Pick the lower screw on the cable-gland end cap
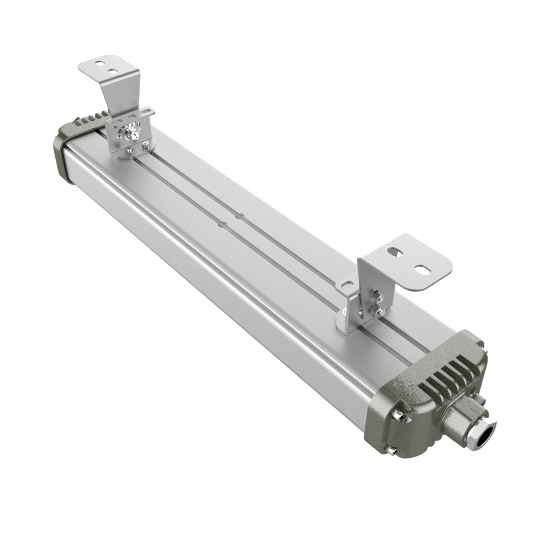click(x=394, y=451)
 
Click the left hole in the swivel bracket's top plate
click(x=99, y=63)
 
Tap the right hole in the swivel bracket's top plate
click(x=112, y=70)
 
